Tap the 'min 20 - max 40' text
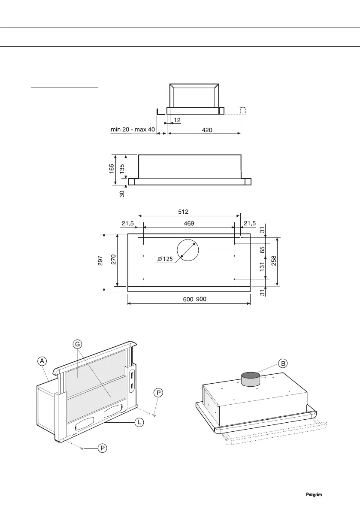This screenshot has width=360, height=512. coord(133,130)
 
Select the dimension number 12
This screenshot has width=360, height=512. coord(177,120)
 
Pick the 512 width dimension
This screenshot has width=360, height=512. coord(189,212)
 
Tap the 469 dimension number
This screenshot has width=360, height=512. coord(189,223)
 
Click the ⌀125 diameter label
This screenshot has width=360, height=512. coord(165,259)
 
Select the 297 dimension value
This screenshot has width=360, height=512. coord(100,262)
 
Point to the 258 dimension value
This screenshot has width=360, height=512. coord(274,261)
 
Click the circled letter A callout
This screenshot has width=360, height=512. coord(42,361)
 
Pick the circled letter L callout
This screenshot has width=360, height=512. coord(139,423)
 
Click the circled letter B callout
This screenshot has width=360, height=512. coord(283,364)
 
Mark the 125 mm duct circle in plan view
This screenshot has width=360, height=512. coord(188,250)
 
